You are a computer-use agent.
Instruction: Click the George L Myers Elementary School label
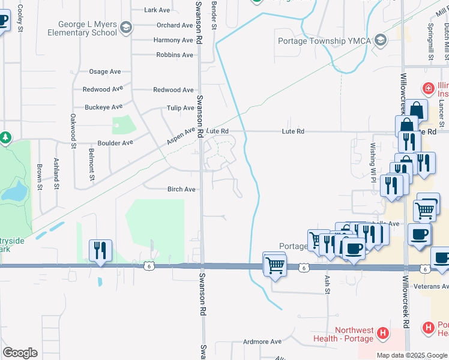[x=88, y=28]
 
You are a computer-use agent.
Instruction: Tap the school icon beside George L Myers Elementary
[x=126, y=27]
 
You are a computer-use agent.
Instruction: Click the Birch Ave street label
[x=181, y=189]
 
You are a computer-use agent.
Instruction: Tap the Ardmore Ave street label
[x=262, y=341]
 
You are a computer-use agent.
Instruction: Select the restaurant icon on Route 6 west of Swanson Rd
[x=100, y=250]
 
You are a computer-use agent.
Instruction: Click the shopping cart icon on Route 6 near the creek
[x=275, y=264]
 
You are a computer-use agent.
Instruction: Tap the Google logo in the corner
[x=20, y=353]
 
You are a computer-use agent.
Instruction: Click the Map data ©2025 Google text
[x=411, y=355]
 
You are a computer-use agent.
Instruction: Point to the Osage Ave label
[x=105, y=71]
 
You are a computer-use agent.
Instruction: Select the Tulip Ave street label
[x=180, y=108]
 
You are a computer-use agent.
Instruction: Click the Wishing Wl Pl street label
[x=373, y=159]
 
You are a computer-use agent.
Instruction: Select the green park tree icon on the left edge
[x=5, y=138]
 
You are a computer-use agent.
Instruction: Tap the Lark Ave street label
[x=157, y=10]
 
